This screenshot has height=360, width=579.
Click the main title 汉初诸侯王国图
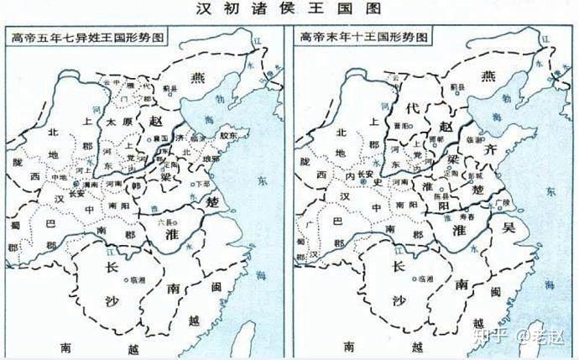point(289,9)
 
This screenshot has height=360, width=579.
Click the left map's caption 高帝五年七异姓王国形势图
point(85,36)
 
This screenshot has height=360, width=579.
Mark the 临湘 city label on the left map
point(137,279)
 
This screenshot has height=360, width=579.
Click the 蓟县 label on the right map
point(458,87)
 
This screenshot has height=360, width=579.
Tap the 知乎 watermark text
point(493,338)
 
